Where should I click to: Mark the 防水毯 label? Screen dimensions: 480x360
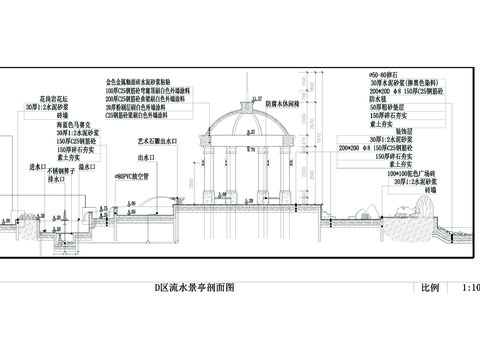pos(378,99)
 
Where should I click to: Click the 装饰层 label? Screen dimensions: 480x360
pos(400,130)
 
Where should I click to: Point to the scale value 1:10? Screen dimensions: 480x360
pos(470,288)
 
